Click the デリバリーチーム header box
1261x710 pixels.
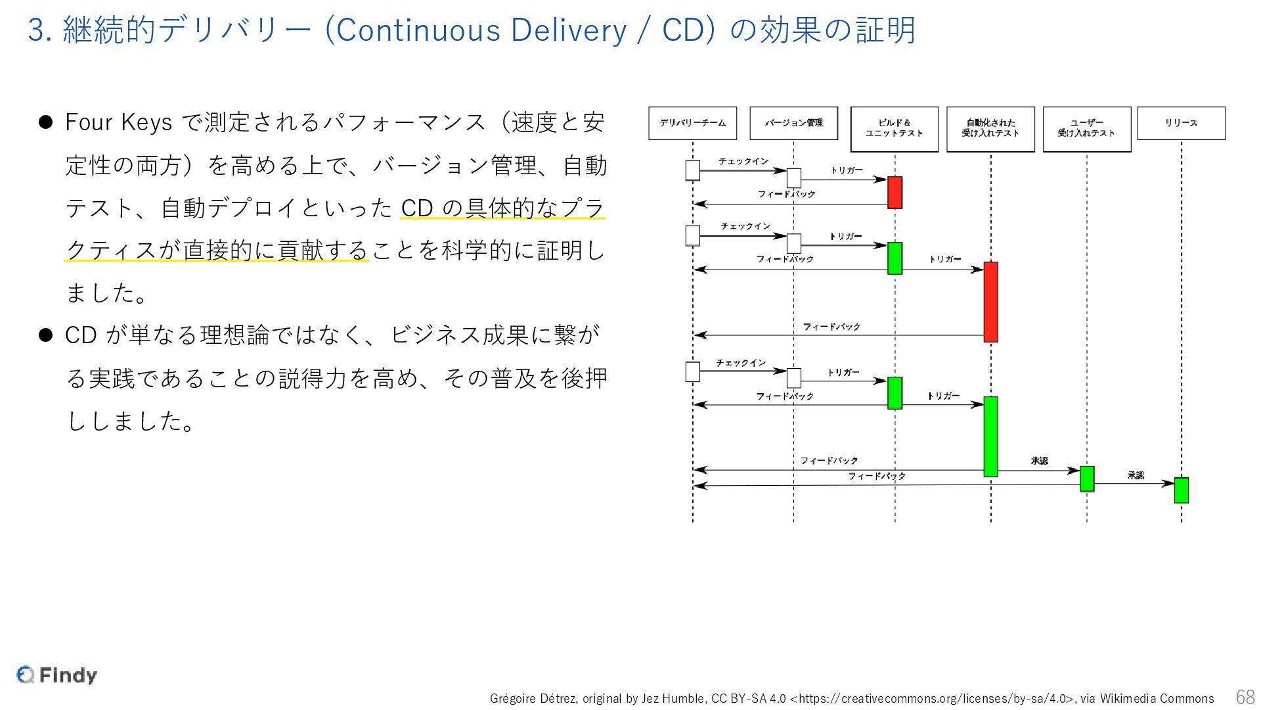(692, 123)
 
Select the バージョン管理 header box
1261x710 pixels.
(793, 123)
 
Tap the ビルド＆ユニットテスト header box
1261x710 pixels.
(894, 129)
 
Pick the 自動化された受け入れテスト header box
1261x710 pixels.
(990, 129)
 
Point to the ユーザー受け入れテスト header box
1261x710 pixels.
(1086, 129)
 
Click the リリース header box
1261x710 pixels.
(1181, 123)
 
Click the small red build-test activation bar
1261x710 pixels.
(895, 193)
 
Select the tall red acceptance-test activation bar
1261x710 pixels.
(990, 302)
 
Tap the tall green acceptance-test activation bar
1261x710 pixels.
(990, 437)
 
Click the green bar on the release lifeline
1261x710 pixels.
(1181, 490)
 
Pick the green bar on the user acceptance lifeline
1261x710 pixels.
(1087, 479)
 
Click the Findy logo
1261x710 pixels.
(57, 675)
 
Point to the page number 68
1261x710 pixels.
(1245, 697)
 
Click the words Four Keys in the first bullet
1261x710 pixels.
(118, 123)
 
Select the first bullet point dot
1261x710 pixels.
(45, 122)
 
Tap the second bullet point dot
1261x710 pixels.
(45, 335)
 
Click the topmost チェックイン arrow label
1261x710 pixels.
(743, 162)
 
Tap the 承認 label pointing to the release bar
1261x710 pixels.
(1136, 475)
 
